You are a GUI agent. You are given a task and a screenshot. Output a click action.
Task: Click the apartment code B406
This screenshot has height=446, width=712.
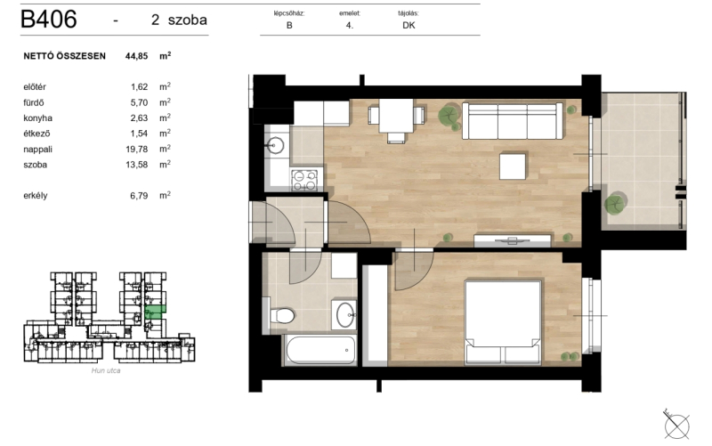click(x=49, y=19)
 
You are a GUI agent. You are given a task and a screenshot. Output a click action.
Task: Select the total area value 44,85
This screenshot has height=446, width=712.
click(x=137, y=56)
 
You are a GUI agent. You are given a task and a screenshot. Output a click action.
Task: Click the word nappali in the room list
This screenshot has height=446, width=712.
click(x=37, y=150)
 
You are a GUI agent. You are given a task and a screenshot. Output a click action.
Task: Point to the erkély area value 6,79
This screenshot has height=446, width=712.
click(x=139, y=196)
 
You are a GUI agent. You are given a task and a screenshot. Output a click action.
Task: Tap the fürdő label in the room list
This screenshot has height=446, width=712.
click(x=34, y=102)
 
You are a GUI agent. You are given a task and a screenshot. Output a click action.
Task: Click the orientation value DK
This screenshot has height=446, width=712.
click(x=409, y=26)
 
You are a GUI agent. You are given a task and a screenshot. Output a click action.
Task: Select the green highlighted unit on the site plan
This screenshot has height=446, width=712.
click(x=155, y=312)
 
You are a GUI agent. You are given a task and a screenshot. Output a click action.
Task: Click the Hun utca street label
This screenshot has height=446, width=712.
click(x=106, y=370)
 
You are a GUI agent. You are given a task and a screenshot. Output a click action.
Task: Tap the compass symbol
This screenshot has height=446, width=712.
click(x=676, y=426)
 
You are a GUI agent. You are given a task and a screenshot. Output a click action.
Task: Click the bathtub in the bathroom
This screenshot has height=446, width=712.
click(x=320, y=350)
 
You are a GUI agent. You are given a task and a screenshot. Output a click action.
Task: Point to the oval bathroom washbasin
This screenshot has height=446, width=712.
click(x=346, y=315)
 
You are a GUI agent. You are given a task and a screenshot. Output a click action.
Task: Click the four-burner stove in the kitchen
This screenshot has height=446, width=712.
click(x=304, y=180)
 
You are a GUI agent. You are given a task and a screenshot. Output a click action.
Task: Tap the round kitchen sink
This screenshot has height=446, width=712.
click(x=275, y=146)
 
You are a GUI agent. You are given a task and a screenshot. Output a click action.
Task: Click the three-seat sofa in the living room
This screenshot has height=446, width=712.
click(x=513, y=121)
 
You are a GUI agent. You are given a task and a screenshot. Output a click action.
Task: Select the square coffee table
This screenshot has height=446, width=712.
click(x=513, y=166)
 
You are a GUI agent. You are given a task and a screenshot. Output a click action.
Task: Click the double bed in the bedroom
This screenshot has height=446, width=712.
click(x=503, y=322)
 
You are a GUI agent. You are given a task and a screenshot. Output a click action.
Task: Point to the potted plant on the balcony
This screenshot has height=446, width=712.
click(x=615, y=203)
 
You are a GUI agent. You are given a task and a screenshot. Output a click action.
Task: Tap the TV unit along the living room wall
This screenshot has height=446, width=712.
click(x=513, y=240)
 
